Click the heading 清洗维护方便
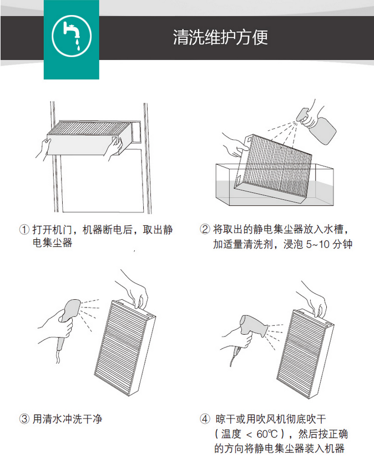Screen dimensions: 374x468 [x=220, y=38]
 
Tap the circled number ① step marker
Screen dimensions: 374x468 [x=24, y=230]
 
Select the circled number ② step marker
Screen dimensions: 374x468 [x=205, y=229]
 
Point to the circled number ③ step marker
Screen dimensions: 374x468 [x=24, y=419]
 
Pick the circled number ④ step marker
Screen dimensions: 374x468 [x=205, y=419]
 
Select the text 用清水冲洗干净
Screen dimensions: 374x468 [x=67, y=419]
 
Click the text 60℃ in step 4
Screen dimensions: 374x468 [x=267, y=434]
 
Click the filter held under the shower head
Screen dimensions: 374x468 [x=125, y=348]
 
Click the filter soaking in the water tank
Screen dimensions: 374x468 [x=274, y=169]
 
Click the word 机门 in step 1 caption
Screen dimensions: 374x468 [x=62, y=230]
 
